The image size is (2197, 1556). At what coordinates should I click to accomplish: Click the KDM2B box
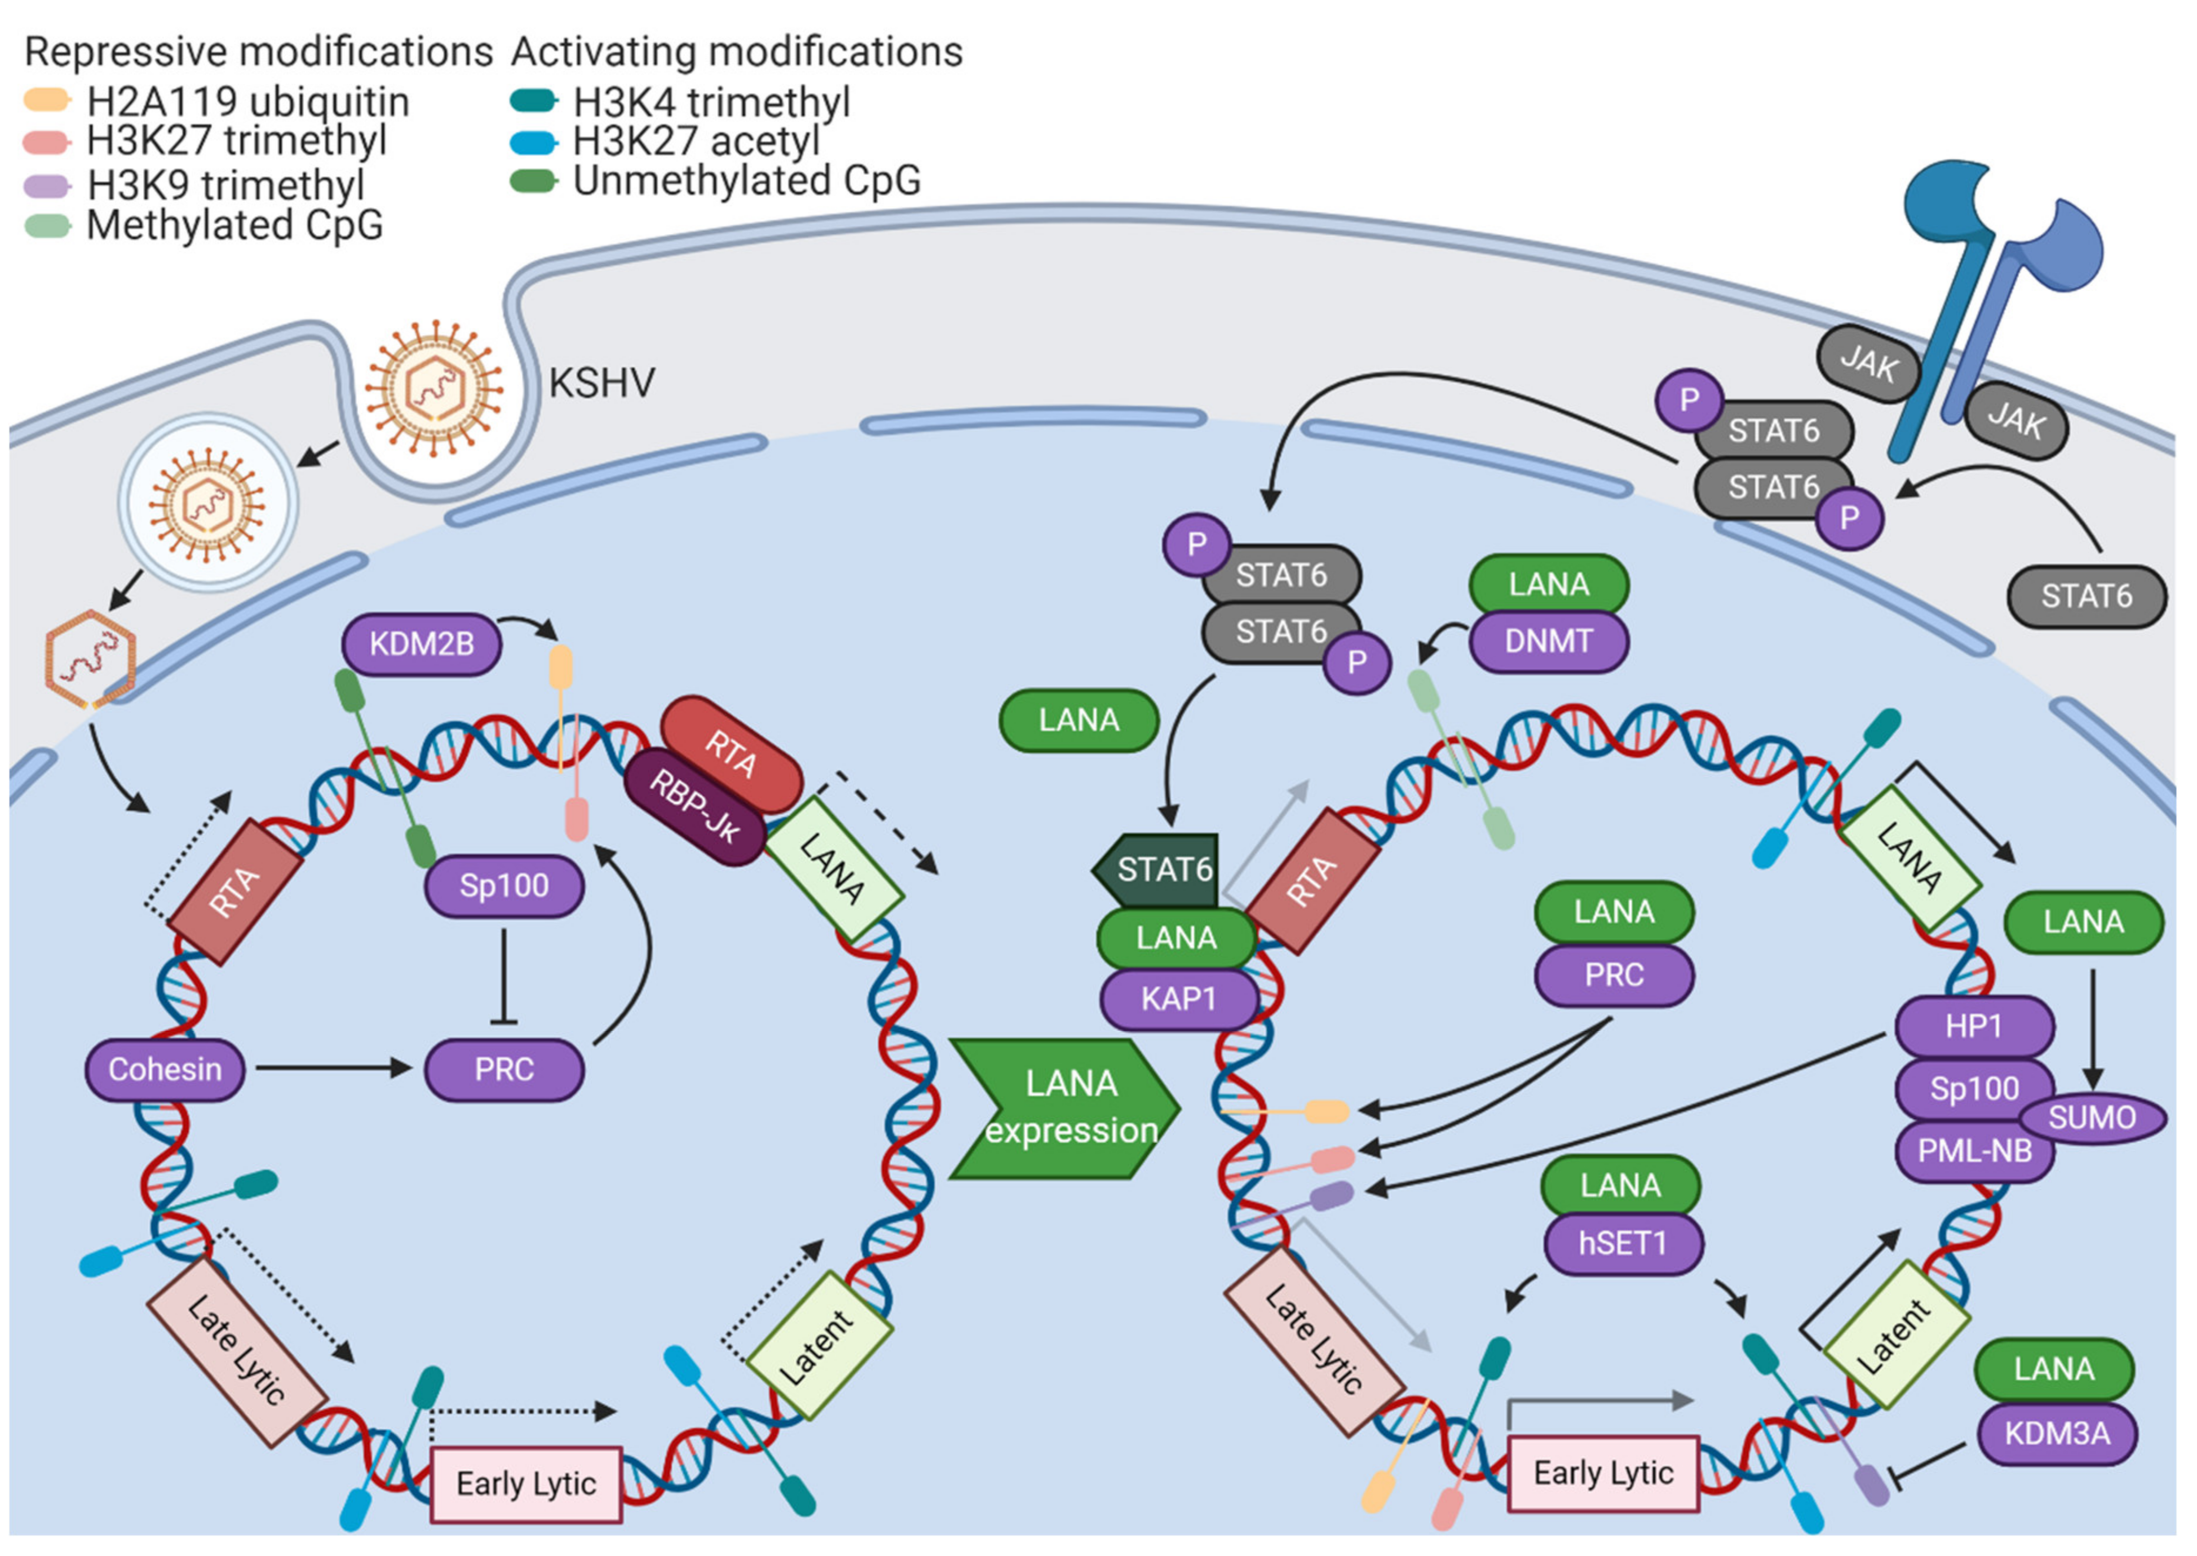point(422,644)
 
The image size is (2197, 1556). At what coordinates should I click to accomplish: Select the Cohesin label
point(165,1069)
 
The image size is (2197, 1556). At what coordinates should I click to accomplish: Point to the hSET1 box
point(1622,1244)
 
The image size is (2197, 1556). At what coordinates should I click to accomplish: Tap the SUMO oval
point(2092,1117)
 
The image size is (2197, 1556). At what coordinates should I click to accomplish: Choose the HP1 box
point(1973,1026)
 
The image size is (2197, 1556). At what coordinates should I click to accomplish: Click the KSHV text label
point(602,383)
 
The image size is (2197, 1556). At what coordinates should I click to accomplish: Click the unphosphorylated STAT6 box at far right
point(2086,596)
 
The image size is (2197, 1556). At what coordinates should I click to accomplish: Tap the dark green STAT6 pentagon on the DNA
point(1159,870)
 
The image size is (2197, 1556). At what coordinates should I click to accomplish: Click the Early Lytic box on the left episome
point(526,1484)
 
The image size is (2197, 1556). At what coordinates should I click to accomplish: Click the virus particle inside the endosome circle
point(208,502)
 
